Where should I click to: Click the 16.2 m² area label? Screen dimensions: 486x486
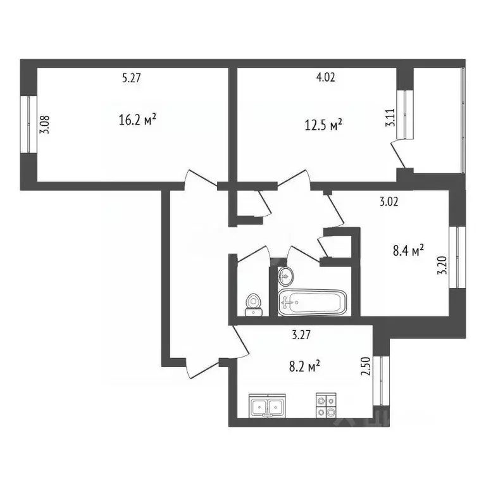[137, 119]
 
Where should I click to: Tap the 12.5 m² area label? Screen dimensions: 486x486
[323, 124]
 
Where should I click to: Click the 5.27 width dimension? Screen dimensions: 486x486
[131, 78]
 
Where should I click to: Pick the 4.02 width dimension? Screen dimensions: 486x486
[325, 78]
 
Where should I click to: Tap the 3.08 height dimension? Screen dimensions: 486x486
[44, 123]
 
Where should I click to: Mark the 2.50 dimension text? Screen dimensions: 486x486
[364, 367]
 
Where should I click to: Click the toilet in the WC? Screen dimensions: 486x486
[254, 303]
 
